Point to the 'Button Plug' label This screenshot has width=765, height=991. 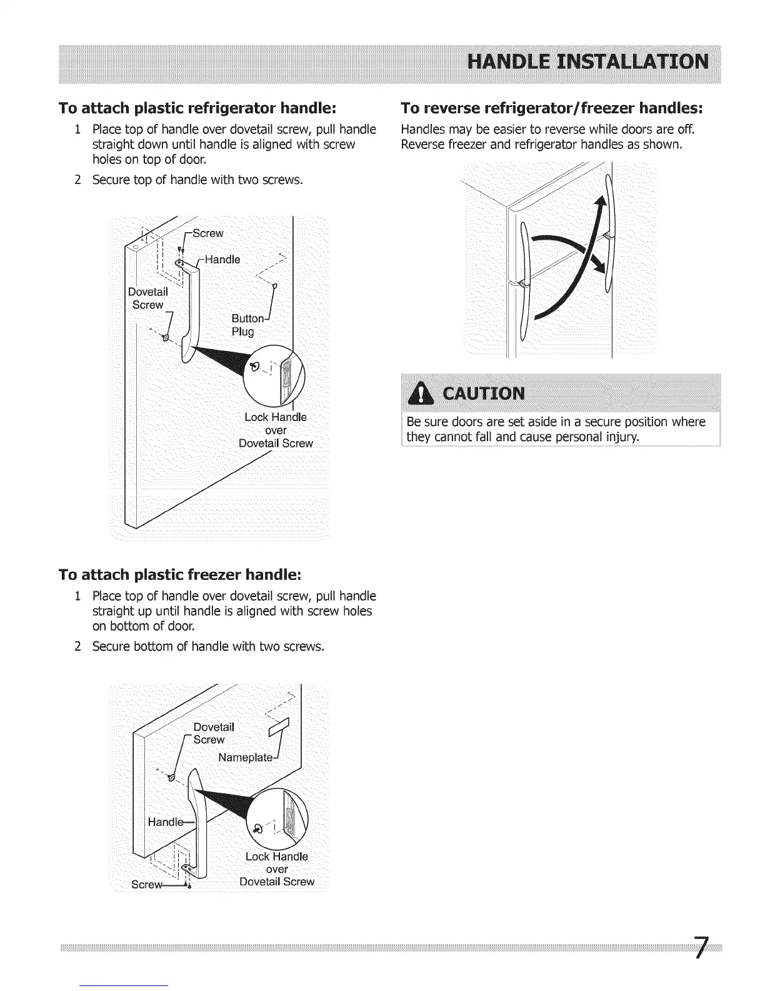tap(244, 325)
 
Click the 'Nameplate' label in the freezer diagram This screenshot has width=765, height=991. tap(246, 758)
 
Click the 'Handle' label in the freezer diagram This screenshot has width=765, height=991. tap(162, 821)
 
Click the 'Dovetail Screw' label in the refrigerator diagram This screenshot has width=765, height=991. tap(147, 298)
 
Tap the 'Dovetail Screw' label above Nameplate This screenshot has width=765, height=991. tap(212, 733)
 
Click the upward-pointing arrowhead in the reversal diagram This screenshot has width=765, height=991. tap(601, 205)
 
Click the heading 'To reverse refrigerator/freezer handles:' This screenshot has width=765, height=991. tap(552, 108)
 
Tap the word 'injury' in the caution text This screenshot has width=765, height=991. tap(620, 436)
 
